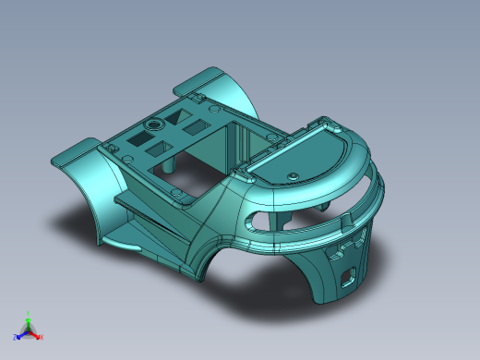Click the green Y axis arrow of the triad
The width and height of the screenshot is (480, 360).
[28, 317]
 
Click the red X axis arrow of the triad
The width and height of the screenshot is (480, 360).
[38, 336]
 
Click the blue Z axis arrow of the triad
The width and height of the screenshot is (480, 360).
[18, 336]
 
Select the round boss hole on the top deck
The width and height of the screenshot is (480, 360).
[154, 123]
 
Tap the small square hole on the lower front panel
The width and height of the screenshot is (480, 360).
[349, 275]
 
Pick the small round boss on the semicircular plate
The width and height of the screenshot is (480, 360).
[293, 174]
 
